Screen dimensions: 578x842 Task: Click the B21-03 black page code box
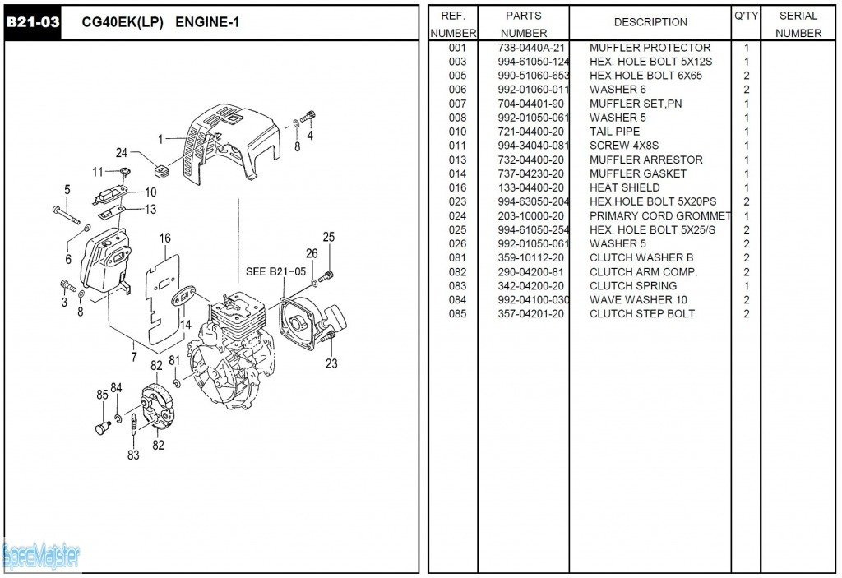[33, 22]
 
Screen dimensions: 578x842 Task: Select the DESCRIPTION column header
[650, 22]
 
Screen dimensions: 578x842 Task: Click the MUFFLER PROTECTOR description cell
[650, 48]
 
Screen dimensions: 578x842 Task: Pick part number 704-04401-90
[531, 104]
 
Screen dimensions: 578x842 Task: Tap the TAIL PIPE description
[614, 132]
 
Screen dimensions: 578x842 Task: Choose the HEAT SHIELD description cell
[624, 187]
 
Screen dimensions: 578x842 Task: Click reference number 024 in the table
[457, 215]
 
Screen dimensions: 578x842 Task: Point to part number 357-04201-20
[531, 313]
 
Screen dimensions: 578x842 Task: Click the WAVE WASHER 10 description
[638, 299]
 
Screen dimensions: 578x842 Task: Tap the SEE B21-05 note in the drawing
[275, 271]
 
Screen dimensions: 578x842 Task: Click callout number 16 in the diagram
[165, 238]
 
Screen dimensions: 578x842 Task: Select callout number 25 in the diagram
[329, 238]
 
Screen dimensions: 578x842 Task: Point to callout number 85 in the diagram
[102, 395]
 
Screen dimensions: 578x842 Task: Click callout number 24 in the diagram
[122, 153]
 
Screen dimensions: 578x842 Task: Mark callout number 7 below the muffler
[133, 357]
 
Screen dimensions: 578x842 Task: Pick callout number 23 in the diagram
[331, 363]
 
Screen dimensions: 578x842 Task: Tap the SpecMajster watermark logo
[41, 557]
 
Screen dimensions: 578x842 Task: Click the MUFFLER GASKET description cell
[637, 173]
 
